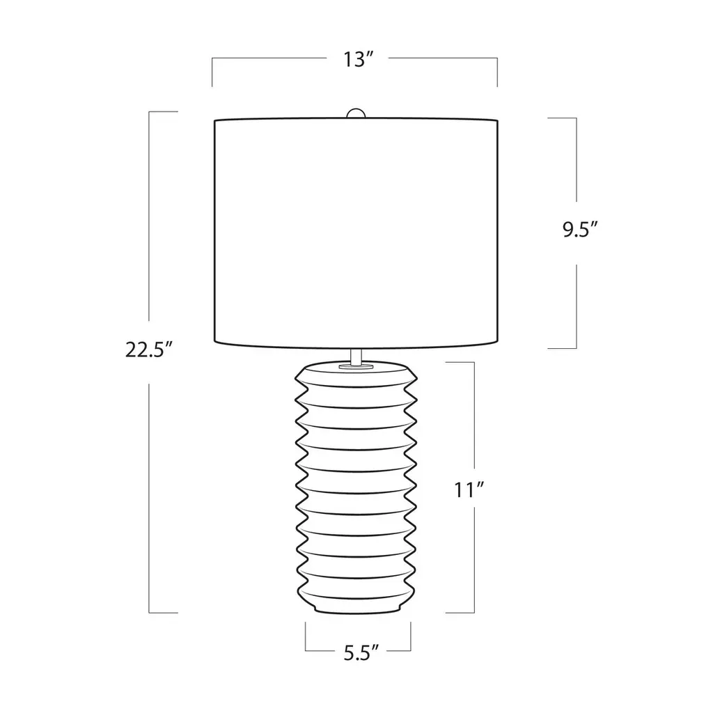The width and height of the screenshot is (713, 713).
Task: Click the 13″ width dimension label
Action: (x=358, y=60)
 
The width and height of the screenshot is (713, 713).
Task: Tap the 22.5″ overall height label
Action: (x=150, y=350)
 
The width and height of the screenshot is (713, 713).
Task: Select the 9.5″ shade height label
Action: (x=579, y=230)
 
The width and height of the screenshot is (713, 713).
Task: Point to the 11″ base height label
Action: (x=469, y=490)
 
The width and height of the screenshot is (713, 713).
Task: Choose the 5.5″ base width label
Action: (x=361, y=653)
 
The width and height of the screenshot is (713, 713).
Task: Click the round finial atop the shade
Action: (x=356, y=113)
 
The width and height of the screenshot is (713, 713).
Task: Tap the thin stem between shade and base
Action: (x=356, y=356)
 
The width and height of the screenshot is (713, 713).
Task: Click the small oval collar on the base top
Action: (x=356, y=365)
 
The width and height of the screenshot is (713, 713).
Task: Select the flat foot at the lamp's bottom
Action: (x=356, y=610)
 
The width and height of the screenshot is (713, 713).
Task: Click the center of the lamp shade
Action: (x=356, y=233)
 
